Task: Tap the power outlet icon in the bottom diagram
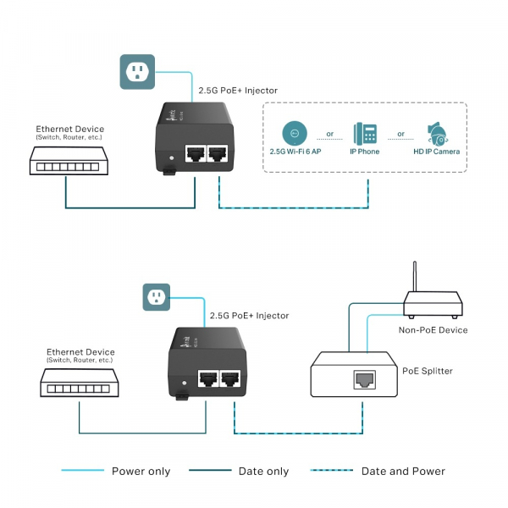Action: [x=157, y=296]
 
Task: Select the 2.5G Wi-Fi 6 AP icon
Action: [x=294, y=133]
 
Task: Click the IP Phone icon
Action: [x=365, y=133]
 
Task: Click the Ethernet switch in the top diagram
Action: [x=67, y=160]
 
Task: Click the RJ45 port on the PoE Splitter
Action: [x=364, y=378]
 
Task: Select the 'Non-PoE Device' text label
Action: [x=433, y=329]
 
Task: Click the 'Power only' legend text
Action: [x=141, y=472]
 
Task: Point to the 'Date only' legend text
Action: [x=263, y=472]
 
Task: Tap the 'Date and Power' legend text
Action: [x=403, y=472]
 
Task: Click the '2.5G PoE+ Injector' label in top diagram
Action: [x=238, y=90]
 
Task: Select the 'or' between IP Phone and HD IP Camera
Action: [x=401, y=134]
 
